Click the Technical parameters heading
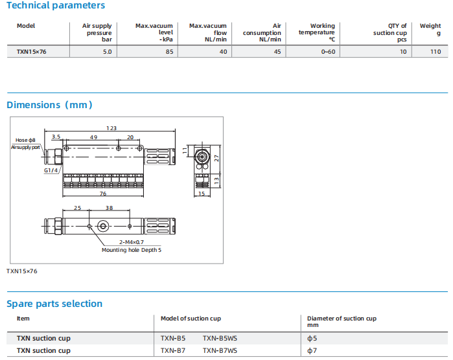56,5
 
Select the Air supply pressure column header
97,32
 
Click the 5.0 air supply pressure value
107,52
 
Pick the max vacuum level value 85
169,52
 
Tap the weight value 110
436,52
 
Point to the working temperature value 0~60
328,52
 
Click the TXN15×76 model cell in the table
31,52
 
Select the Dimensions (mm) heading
49,105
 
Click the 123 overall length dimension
111,128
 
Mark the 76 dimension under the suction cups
103,194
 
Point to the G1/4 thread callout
51,170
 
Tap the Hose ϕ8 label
25,140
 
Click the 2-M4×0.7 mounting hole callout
132,242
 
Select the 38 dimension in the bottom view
109,208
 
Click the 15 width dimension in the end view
202,194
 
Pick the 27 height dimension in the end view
216,158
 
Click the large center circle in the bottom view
103,226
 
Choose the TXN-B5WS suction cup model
220,338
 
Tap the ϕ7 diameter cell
312,350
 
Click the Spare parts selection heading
54,304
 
